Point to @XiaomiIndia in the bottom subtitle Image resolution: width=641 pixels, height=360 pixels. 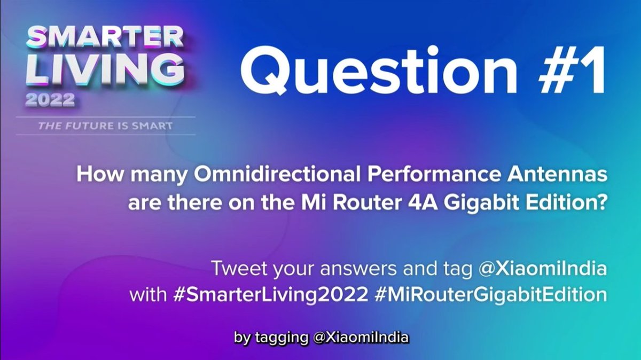point(361,338)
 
